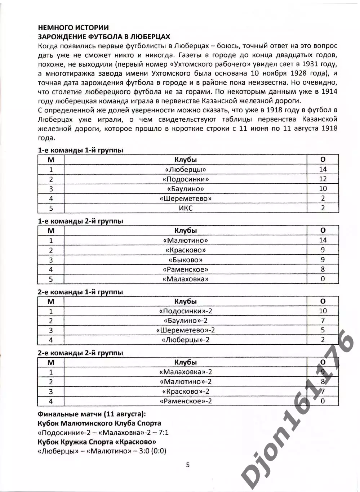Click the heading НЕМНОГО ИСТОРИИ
(73, 27)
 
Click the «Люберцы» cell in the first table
(186, 169)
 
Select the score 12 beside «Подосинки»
(323, 179)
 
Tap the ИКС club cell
(186, 208)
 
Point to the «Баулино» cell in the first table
(186, 189)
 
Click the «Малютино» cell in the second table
(186, 240)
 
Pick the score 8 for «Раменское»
(323, 269)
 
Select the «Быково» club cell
(186, 260)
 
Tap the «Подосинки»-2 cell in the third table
(186, 311)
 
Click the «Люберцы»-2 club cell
(186, 340)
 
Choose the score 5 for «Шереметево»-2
(323, 330)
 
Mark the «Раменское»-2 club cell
(186, 401)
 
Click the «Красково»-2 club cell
(186, 392)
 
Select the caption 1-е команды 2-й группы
(80, 221)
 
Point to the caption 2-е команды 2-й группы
(80, 353)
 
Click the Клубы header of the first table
(186, 160)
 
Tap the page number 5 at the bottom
(187, 465)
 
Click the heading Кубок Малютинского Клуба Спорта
(99, 423)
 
